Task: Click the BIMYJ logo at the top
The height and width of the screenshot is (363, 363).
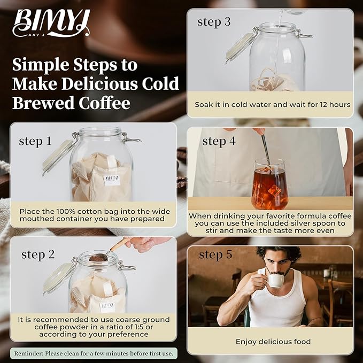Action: point(51,24)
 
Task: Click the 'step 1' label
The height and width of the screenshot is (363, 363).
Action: point(35,141)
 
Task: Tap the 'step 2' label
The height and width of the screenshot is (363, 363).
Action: point(38,254)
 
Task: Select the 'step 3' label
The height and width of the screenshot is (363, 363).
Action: point(214,22)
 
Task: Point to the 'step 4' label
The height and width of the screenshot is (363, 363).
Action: point(219,141)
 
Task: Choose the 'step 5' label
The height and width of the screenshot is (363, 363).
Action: point(215,255)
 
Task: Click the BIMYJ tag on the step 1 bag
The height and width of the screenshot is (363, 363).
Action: point(112,178)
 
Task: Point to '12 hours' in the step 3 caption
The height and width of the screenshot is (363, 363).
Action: point(334,104)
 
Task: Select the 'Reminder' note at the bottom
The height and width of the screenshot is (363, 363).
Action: point(94,353)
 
